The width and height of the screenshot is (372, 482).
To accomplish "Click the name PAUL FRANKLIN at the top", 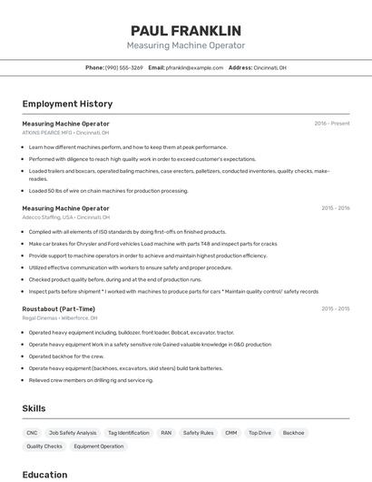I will coord(185,30).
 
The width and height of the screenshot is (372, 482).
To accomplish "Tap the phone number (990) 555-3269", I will coord(123,67).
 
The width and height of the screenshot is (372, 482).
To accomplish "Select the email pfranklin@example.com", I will coord(192,67).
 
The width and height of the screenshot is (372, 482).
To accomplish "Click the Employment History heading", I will coord(67,104).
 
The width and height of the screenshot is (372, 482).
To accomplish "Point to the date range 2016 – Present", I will coord(331,124).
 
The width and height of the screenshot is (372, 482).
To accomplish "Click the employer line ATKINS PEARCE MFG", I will coord(65,133).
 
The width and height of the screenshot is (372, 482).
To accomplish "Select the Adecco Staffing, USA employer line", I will coord(65,217).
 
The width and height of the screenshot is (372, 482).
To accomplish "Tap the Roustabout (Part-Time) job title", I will coord(58,309).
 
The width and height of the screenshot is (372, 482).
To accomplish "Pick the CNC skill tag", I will coord(32,433).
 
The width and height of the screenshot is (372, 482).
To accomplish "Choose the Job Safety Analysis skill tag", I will coord(73,433).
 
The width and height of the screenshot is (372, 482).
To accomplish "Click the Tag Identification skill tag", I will coord(128,433).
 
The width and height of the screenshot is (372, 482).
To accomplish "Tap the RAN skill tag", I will coord(166,433).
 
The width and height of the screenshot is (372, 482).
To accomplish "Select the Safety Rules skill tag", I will coord(198,433).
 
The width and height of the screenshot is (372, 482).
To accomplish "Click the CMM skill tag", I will coord(230,433).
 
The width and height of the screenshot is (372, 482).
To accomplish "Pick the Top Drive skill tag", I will coord(259,433).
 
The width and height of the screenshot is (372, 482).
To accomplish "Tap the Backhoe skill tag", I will coord(293,433).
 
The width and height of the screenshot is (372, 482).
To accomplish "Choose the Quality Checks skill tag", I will coord(44,447).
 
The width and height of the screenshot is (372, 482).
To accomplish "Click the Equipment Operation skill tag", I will coord(98,447).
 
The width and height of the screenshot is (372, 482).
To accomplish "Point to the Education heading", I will coord(44,475).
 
